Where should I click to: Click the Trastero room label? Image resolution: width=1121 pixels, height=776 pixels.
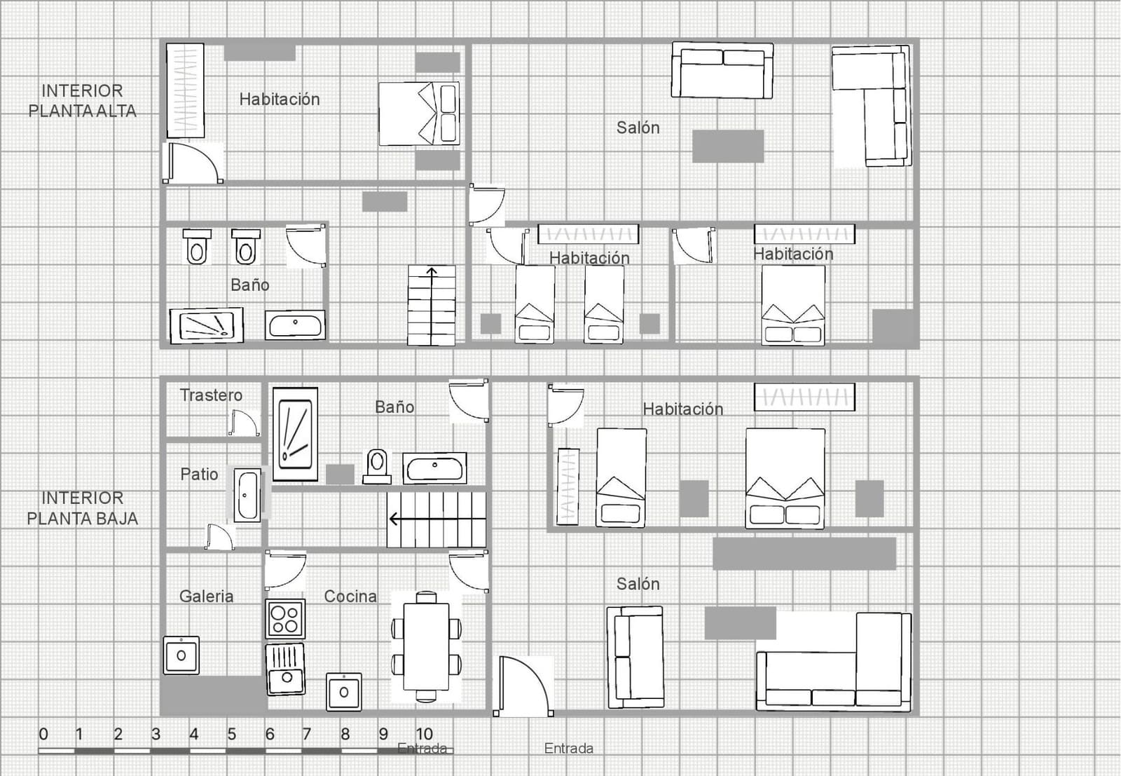point(211,395)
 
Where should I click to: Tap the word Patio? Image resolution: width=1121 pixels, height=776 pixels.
point(199,475)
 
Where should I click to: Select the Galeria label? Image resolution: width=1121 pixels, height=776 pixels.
point(206,597)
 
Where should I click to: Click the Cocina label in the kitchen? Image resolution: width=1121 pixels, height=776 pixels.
point(350,597)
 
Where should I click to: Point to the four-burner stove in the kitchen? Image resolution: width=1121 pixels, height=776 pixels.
point(285,619)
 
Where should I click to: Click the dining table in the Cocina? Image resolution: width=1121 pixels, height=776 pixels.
point(426,646)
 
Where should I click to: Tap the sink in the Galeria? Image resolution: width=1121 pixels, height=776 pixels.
point(181,655)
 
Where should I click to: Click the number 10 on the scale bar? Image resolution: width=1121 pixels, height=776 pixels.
point(424,734)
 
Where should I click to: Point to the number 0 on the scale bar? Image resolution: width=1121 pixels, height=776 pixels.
point(43,734)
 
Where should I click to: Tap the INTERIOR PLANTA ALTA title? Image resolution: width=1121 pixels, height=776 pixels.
point(82,100)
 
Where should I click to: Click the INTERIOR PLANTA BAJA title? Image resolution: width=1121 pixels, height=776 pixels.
point(82,508)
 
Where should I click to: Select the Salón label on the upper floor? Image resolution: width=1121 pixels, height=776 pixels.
point(638,128)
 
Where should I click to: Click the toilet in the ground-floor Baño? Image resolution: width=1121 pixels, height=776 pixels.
point(377,465)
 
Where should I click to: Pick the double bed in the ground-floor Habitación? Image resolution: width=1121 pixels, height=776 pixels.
point(785,478)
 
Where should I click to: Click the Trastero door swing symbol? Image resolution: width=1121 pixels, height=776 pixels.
point(244,423)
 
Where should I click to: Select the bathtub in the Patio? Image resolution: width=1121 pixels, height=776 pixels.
point(247,495)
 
